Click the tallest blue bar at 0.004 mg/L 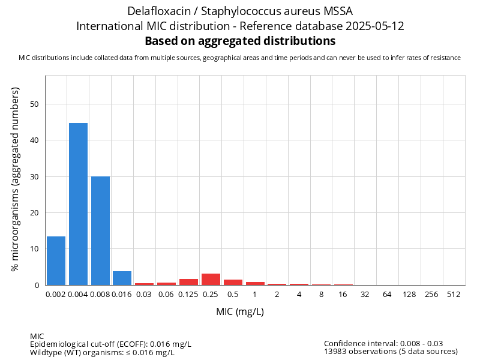(78, 204)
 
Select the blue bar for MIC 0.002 (56, 261)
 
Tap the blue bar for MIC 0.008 (100, 231)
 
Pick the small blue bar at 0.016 (122, 278)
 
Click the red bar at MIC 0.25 (211, 280)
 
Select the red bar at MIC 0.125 (188, 282)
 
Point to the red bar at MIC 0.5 (233, 283)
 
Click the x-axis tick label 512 (454, 295)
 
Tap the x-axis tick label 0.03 (144, 295)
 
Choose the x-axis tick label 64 (388, 295)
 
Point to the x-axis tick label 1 (255, 295)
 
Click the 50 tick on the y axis (34, 104)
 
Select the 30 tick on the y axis (34, 177)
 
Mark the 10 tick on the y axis (34, 249)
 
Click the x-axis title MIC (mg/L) (240, 312)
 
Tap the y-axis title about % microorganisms (16, 179)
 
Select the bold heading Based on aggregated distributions (240, 41)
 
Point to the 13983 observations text (391, 352)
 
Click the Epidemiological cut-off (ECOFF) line (110, 344)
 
